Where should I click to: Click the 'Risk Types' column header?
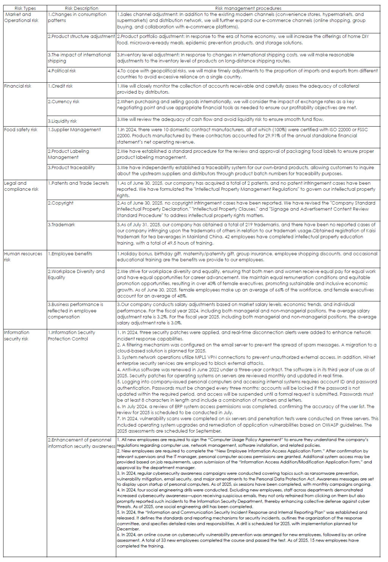pyautogui.click(x=25, y=8)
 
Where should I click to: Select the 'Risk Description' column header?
pyautogui.click(x=81, y=8)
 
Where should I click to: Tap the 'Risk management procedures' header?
pyautogui.click(x=248, y=8)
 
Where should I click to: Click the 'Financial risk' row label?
pyautogui.click(x=17, y=86)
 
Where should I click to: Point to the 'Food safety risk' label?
pyautogui.click(x=20, y=130)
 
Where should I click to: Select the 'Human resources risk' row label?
pyautogui.click(x=23, y=257)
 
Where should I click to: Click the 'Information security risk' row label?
pyautogui.click(x=16, y=336)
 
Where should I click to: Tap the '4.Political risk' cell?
pyautogui.click(x=62, y=71)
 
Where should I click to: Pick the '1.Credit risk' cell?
pyautogui.click(x=60, y=86)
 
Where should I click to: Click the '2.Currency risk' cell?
pyautogui.click(x=64, y=102)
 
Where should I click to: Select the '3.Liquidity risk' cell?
pyautogui.click(x=62, y=121)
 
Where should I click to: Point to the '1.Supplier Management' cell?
pyautogui.click(x=74, y=130)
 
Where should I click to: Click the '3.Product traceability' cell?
pyautogui.click(x=71, y=168)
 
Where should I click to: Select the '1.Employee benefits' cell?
pyautogui.click(x=70, y=254)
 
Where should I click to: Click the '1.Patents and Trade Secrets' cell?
pyautogui.click(x=78, y=183)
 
